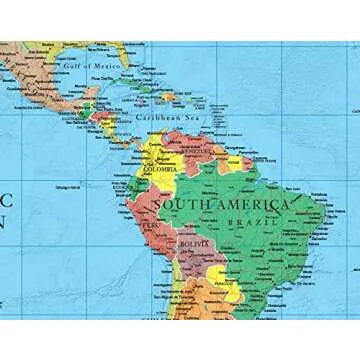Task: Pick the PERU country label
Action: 150,226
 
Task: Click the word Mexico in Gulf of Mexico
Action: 107,66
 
